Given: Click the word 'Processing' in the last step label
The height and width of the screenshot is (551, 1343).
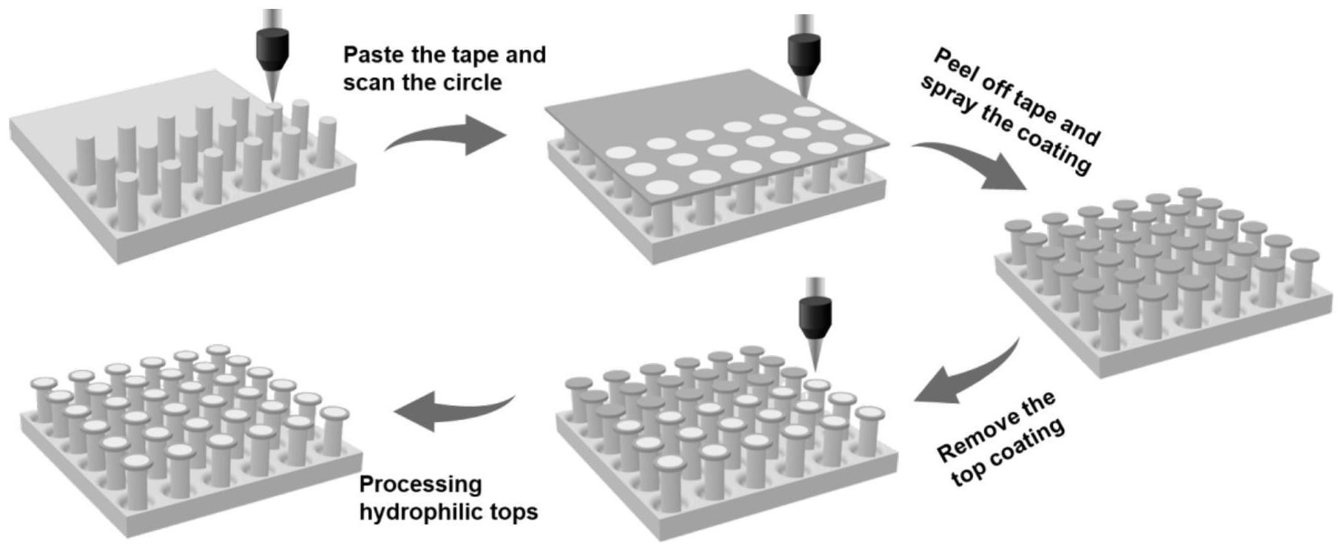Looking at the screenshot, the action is pos(420,485).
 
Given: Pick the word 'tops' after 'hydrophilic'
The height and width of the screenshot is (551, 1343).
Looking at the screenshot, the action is pos(514,512).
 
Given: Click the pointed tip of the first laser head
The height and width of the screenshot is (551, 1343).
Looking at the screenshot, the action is pos(272,101).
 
